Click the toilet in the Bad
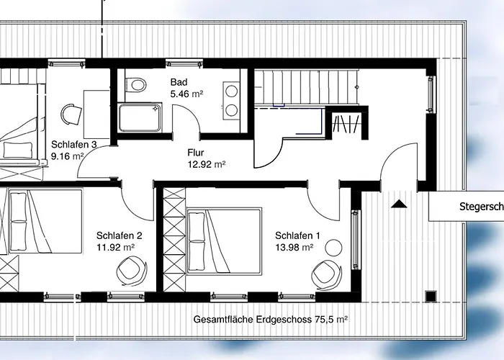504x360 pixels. pyautogui.click(x=137, y=84)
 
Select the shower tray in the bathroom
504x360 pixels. pyautogui.click(x=140, y=117)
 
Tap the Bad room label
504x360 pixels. pyautogui.click(x=179, y=82)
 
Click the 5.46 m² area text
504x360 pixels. pyautogui.click(x=186, y=94)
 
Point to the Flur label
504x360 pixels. pyautogui.click(x=196, y=153)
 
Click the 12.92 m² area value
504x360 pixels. pyautogui.click(x=207, y=165)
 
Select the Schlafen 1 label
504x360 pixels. pyautogui.click(x=297, y=235)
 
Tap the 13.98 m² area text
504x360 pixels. pyautogui.click(x=294, y=248)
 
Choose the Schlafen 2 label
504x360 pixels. pyautogui.click(x=120, y=235)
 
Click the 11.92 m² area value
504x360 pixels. pyautogui.click(x=115, y=248)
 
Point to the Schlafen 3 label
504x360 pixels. pyautogui.click(x=74, y=144)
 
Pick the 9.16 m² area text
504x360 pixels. pyautogui.click(x=68, y=156)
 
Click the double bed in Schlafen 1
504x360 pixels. pyautogui.click(x=224, y=241)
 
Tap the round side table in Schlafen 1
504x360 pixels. pyautogui.click(x=333, y=248)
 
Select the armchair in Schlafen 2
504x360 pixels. pyautogui.click(x=132, y=270)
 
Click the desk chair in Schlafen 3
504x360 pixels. pyautogui.click(x=71, y=114)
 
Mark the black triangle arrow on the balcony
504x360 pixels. pyautogui.click(x=399, y=204)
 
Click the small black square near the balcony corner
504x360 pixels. pyautogui.click(x=431, y=296)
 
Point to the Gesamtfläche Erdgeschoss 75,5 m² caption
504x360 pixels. pyautogui.click(x=270, y=320)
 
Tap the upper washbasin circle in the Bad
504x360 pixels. pyautogui.click(x=231, y=91)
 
